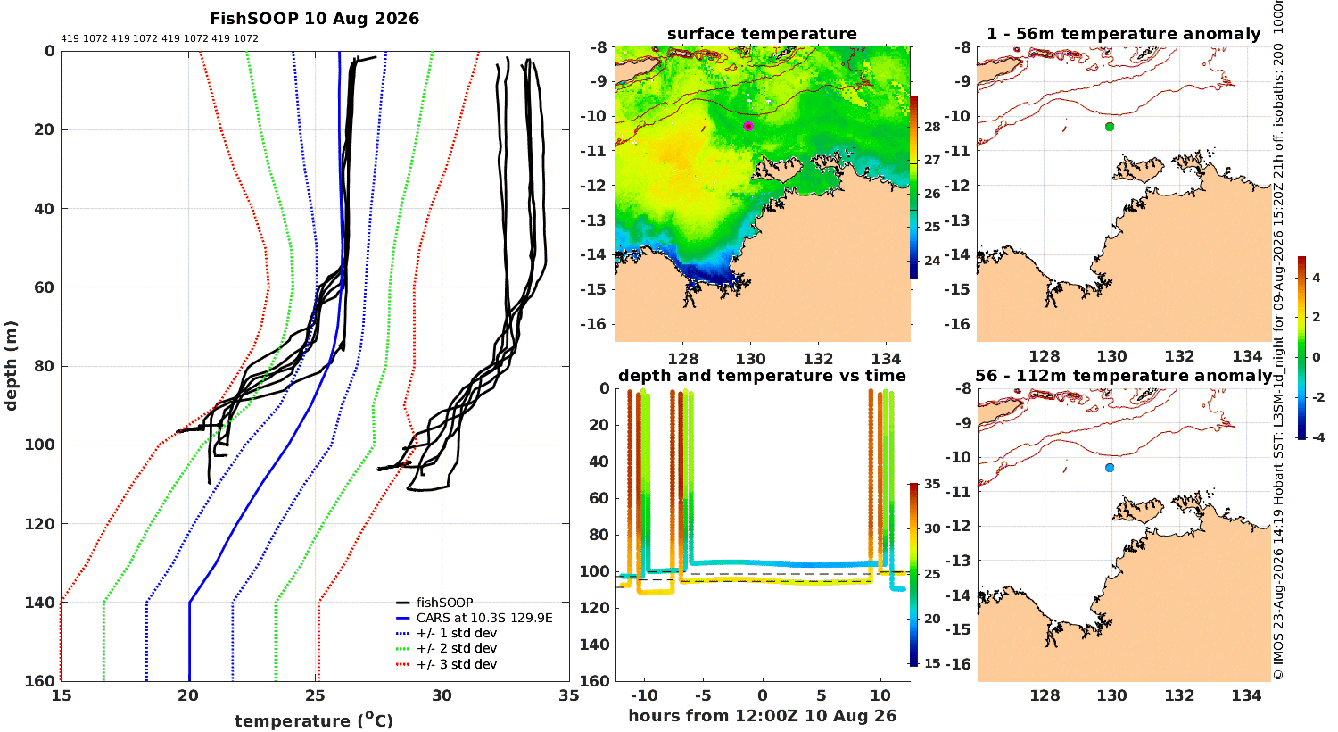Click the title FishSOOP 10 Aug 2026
tap(314, 19)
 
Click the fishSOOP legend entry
tap(435, 603)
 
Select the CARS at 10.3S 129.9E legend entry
tap(475, 618)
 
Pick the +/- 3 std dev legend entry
tap(446, 664)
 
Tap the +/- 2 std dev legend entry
tap(446, 648)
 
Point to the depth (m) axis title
tap(10, 366)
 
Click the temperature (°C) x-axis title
tap(314, 720)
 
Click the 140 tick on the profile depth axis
tap(39, 603)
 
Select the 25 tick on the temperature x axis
tap(315, 695)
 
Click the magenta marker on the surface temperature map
tap(747, 126)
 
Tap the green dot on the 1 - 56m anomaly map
tap(1110, 127)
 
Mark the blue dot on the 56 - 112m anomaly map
tap(1110, 468)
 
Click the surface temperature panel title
tap(762, 34)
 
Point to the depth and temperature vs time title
tap(762, 375)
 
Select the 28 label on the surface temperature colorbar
tap(932, 127)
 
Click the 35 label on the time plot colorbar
tap(932, 484)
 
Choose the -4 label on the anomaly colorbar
tap(1317, 437)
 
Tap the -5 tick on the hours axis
tap(703, 695)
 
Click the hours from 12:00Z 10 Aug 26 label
tap(762, 716)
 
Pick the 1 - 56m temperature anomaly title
tap(1123, 34)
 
